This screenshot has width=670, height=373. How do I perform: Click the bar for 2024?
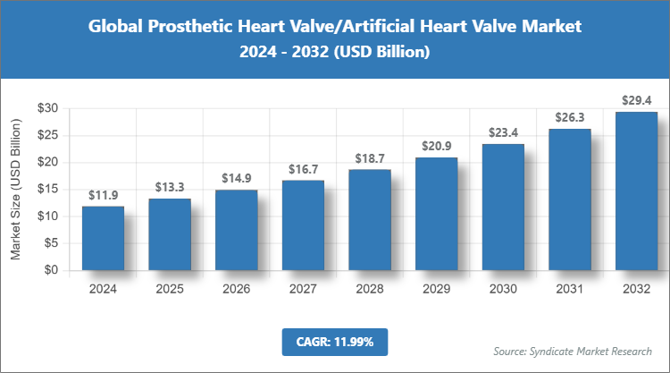click(x=103, y=238)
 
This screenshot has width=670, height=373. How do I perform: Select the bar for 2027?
click(x=303, y=225)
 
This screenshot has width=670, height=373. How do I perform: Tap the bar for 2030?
click(x=502, y=207)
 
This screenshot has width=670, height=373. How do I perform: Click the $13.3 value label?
click(x=170, y=187)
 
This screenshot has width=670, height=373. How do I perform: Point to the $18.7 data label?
click(x=369, y=158)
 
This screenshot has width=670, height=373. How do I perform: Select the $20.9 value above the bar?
click(x=436, y=146)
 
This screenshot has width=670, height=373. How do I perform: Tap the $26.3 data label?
click(x=569, y=117)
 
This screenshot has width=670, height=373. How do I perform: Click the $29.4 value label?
click(x=636, y=100)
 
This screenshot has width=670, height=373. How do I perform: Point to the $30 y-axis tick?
click(x=47, y=108)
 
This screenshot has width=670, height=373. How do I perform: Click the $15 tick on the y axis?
click(x=47, y=190)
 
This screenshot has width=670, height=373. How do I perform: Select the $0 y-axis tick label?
click(x=51, y=270)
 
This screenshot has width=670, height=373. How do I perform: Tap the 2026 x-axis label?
click(x=236, y=288)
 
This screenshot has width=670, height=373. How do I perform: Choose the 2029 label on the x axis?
click(x=436, y=288)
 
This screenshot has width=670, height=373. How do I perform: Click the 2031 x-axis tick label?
click(x=569, y=288)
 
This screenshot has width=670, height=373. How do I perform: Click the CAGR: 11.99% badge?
click(x=335, y=341)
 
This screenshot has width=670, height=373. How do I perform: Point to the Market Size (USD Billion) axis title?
click(x=15, y=189)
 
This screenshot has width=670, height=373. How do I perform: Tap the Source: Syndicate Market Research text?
click(x=572, y=350)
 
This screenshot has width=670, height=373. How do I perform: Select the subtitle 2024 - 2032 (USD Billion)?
click(x=335, y=53)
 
